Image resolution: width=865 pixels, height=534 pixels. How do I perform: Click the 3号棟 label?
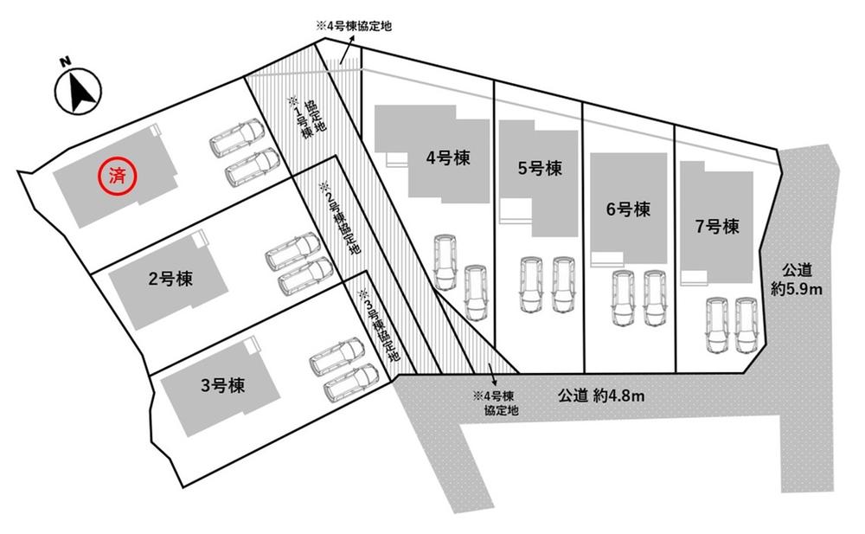point(221,385)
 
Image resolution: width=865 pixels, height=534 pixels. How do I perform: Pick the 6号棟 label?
point(627,209)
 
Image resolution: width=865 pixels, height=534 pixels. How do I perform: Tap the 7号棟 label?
point(716,227)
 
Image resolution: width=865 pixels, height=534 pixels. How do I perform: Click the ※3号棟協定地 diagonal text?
point(379,324)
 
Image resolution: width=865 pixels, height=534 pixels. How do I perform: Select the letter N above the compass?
point(64,61)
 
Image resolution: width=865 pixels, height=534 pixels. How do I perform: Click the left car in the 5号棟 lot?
point(530,284)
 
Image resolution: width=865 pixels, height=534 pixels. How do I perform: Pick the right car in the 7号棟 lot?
point(746,325)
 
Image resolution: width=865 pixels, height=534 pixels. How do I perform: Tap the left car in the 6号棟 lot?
point(621,299)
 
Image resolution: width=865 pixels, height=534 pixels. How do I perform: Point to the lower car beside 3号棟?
point(349,383)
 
